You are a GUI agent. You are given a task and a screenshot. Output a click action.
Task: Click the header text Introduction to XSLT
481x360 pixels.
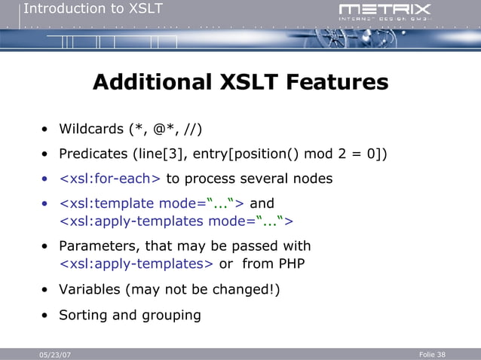pos(93,9)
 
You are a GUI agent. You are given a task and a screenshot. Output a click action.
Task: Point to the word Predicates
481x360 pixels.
pos(93,154)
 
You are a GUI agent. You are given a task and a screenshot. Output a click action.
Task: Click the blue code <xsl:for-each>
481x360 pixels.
pos(110,179)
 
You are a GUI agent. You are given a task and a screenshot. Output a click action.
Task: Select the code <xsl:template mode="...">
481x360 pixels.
pos(152,203)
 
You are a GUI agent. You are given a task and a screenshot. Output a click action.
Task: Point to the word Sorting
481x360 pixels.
pos(84,315)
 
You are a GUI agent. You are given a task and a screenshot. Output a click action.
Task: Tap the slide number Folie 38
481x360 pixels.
pos(431,354)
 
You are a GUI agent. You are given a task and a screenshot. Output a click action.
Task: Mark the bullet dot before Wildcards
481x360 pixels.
pos(45,129)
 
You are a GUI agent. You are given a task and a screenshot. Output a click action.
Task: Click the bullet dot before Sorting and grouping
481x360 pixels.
pos(45,316)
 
